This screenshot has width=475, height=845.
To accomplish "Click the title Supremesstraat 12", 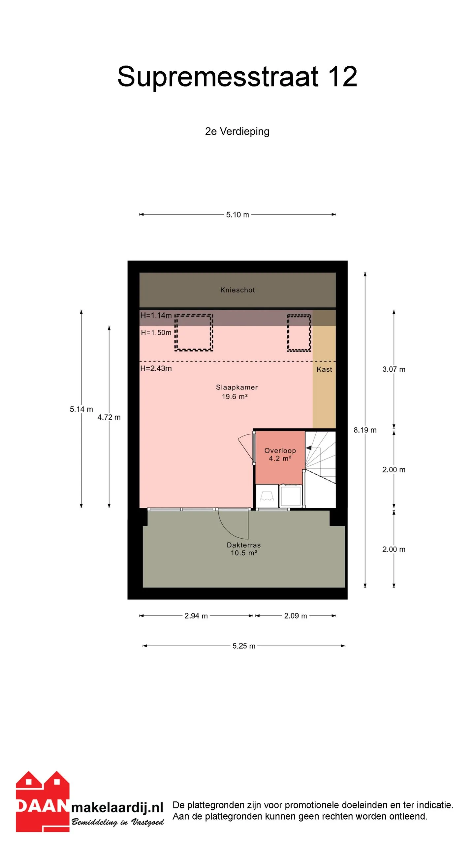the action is [x=237, y=77].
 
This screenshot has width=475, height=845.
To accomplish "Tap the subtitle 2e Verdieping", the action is [x=237, y=131].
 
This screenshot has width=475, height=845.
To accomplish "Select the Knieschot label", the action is [x=237, y=290].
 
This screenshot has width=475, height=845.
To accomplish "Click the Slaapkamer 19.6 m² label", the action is [x=237, y=392].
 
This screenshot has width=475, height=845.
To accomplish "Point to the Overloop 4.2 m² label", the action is [x=280, y=454].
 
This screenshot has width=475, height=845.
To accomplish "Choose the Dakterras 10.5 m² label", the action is [x=244, y=549].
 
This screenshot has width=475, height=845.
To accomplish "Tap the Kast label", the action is [x=324, y=369].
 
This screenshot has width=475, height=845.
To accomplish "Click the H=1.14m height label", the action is [x=156, y=315].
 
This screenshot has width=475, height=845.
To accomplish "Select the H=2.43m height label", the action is [x=156, y=368].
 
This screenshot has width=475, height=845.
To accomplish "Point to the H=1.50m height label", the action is [x=156, y=332].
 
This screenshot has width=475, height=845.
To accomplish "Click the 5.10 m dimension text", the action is [x=237, y=215].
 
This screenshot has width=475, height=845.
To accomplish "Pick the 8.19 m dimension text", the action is [x=365, y=430].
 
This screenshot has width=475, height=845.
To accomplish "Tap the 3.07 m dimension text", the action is [x=394, y=369].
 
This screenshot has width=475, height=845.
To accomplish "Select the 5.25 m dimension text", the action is [x=244, y=646].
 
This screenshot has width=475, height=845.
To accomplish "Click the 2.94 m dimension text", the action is [x=196, y=616].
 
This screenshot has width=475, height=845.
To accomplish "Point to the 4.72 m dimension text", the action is [x=109, y=417].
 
